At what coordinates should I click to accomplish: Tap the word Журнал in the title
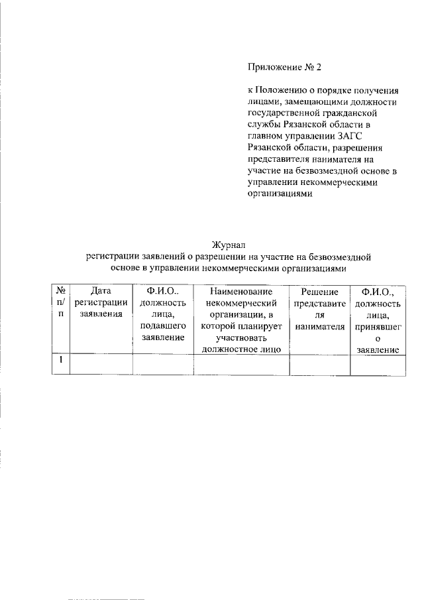click(229, 245)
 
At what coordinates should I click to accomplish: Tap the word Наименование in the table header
click(242, 291)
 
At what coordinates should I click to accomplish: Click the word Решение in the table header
click(320, 291)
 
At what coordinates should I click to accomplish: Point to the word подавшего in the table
click(163, 326)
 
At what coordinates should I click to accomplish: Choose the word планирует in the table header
click(261, 326)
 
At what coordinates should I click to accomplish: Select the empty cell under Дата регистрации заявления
click(101, 365)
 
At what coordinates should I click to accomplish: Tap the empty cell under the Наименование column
click(242, 365)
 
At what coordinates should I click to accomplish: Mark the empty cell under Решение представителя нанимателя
click(320, 365)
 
